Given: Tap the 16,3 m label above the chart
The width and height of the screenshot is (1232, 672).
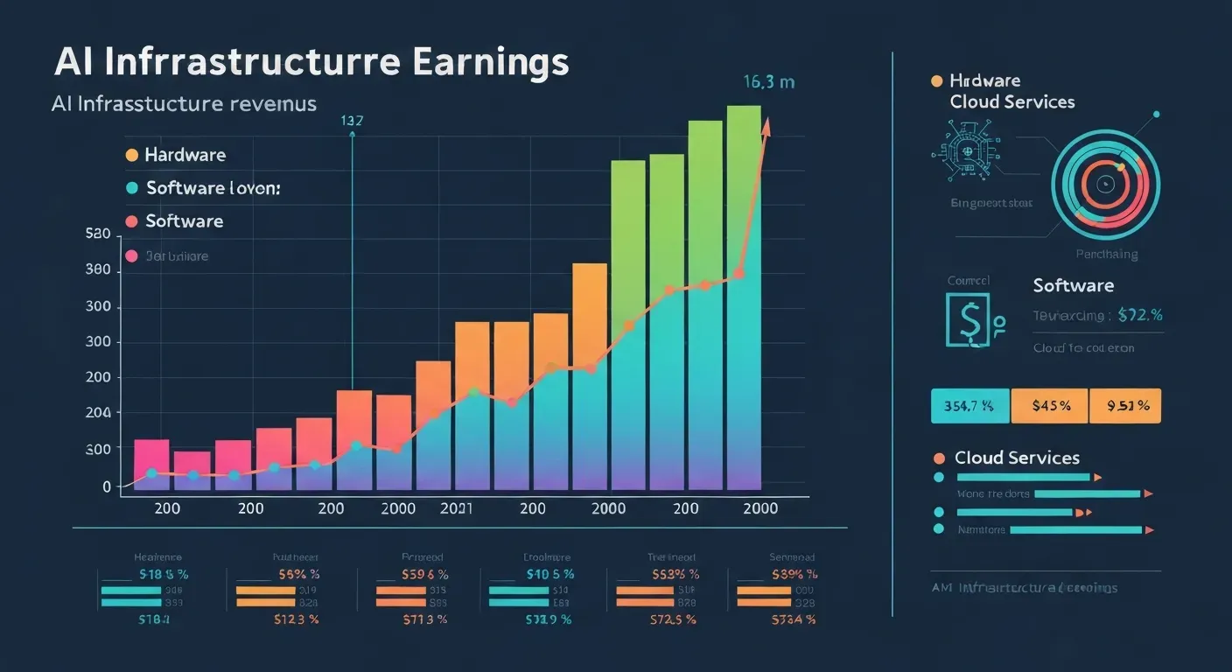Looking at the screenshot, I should tap(768, 82).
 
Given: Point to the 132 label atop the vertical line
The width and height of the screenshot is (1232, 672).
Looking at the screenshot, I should tap(352, 122).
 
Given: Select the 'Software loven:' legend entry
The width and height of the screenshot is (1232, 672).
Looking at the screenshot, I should tap(213, 188).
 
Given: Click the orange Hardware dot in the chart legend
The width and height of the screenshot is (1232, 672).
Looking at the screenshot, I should tap(132, 155).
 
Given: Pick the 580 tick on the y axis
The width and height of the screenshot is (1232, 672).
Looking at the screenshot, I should tap(97, 234).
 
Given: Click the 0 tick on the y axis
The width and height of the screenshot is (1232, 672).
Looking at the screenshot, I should tap(107, 486).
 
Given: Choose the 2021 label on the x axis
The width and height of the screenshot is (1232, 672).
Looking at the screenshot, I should tap(457, 508).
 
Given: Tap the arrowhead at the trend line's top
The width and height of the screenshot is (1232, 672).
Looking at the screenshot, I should tap(767, 124).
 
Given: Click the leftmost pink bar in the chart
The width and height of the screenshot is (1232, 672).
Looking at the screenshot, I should tap(150, 464).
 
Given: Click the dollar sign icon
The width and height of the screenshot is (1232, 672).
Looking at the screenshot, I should tap(968, 320).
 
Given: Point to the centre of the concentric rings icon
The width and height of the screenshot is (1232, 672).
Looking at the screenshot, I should tap(1104, 184).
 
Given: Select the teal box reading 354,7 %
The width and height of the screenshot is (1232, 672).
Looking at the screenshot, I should tap(969, 406).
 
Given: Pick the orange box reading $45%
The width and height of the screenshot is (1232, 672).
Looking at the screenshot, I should tap(1048, 406).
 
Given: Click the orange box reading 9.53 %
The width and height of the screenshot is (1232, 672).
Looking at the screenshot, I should tap(1125, 406).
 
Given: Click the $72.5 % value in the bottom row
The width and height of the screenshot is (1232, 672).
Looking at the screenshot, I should tap(672, 619).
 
